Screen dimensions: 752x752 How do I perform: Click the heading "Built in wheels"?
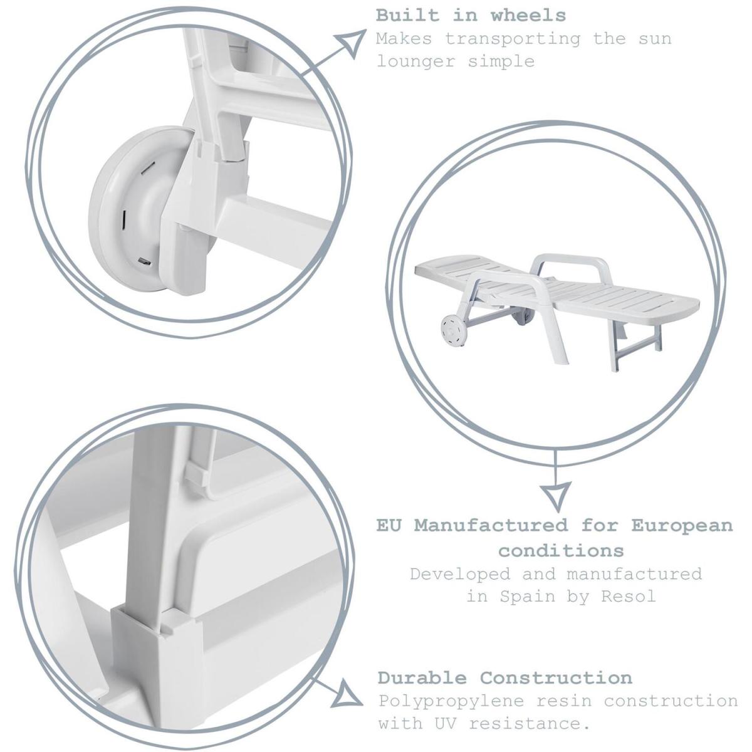[x=471, y=16]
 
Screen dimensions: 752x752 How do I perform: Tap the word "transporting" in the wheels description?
[x=513, y=39]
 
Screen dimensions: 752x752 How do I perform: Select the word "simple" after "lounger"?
[x=501, y=61]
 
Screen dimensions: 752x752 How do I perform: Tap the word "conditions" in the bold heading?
[x=561, y=551]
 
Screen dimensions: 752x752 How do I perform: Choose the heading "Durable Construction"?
[x=504, y=678]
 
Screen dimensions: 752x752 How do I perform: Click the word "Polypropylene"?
[x=451, y=702]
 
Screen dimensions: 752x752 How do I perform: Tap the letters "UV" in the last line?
[x=444, y=724]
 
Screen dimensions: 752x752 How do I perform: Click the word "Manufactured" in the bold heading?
[x=491, y=526]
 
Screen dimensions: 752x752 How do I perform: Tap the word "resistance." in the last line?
[x=529, y=724]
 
